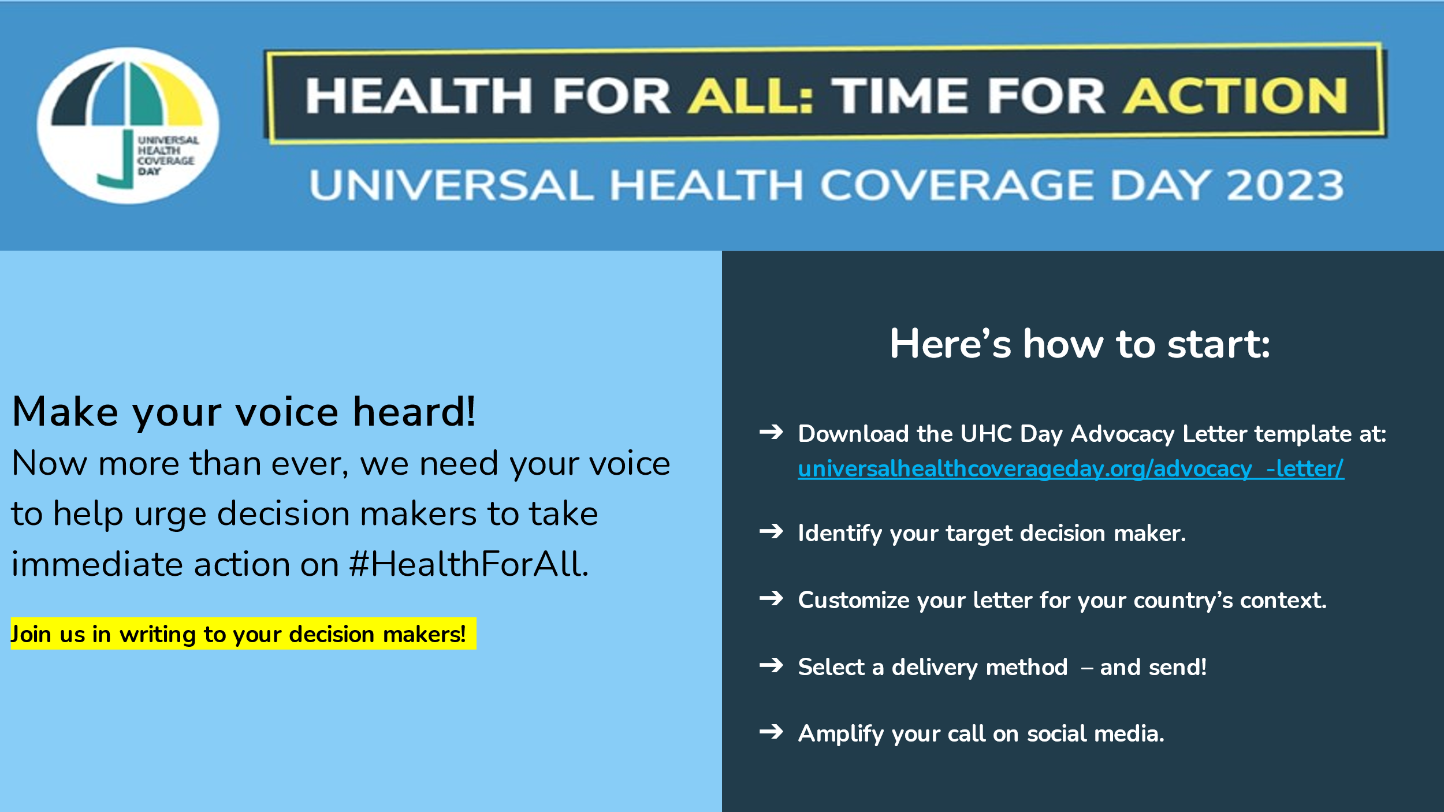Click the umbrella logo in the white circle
128,125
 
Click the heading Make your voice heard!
244,412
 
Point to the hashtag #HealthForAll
469,564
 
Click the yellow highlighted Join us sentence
243,634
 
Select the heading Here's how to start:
1080,344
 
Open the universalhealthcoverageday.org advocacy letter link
1071,468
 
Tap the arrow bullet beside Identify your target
771,531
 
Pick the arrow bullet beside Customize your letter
771,598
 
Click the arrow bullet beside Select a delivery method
771,665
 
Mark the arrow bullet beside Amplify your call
771,732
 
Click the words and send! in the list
1153,667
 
